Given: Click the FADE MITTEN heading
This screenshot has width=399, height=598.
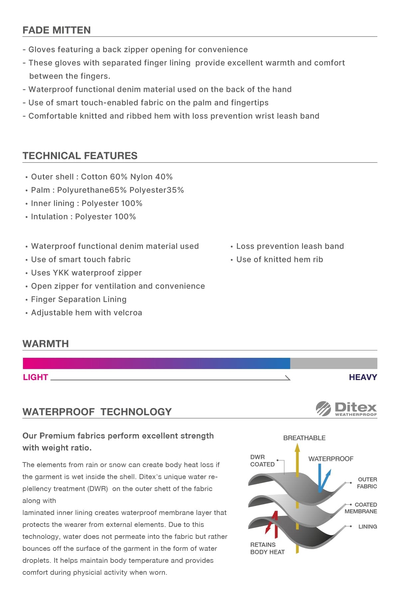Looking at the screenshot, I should pyautogui.click(x=57, y=30).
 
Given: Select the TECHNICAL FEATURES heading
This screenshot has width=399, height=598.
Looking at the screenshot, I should pyautogui.click(x=80, y=156).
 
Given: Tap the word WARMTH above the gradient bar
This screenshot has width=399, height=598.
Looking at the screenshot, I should pyautogui.click(x=46, y=344).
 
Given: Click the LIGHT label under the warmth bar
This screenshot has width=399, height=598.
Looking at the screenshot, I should pyautogui.click(x=36, y=377).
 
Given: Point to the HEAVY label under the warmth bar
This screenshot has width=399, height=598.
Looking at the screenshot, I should pyautogui.click(x=363, y=377).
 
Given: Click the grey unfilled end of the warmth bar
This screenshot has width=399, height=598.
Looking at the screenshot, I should pyautogui.click(x=333, y=363).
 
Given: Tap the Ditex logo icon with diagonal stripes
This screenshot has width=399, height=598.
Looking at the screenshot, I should pyautogui.click(x=323, y=408).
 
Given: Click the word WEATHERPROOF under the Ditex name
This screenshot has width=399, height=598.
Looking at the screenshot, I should pyautogui.click(x=356, y=415).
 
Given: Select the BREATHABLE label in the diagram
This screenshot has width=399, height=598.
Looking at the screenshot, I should pyautogui.click(x=304, y=438).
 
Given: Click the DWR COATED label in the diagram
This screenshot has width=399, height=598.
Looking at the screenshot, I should pyautogui.click(x=262, y=461).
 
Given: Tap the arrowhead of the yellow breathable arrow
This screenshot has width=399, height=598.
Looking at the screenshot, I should pyautogui.click(x=297, y=448).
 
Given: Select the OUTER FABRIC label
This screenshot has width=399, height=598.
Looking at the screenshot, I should pyautogui.click(x=367, y=483).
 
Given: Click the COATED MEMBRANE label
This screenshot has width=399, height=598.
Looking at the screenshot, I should pyautogui.click(x=361, y=508).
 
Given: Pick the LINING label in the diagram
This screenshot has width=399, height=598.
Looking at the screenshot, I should pyautogui.click(x=367, y=527).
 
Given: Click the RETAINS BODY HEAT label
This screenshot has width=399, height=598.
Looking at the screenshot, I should pyautogui.click(x=267, y=548).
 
